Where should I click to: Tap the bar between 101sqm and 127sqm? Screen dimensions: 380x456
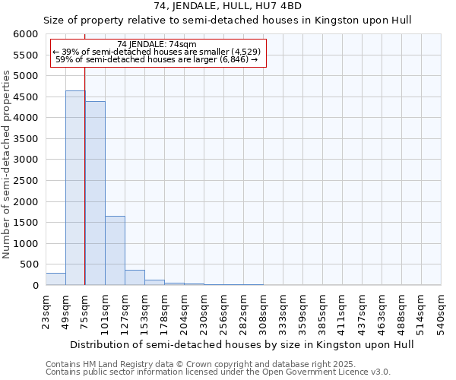[115, 251]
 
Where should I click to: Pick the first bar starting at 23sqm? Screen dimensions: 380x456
[55, 279]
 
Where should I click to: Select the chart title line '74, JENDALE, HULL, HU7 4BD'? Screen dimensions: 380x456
[228, 7]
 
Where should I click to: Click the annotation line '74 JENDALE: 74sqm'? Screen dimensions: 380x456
[158, 44]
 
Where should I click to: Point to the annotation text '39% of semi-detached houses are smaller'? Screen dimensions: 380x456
[158, 52]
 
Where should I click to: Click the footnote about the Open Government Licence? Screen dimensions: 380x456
[218, 372]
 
